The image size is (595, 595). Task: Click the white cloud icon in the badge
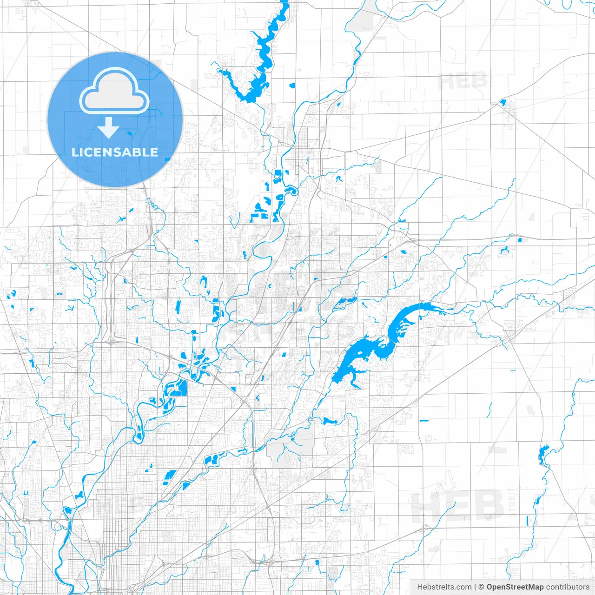click(x=114, y=92)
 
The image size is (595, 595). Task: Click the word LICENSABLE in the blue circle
click(x=115, y=152)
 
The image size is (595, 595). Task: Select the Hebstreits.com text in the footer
click(x=444, y=587)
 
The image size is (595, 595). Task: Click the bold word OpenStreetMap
click(x=515, y=587)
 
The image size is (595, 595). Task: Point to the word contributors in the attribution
click(x=568, y=587)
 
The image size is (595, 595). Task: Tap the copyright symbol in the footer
click(x=482, y=587)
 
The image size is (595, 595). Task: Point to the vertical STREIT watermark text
click(x=512, y=502)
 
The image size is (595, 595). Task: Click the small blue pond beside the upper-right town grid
click(x=502, y=102)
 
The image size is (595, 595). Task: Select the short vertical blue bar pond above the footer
click(x=527, y=521)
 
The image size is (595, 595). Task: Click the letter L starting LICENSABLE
click(x=75, y=152)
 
